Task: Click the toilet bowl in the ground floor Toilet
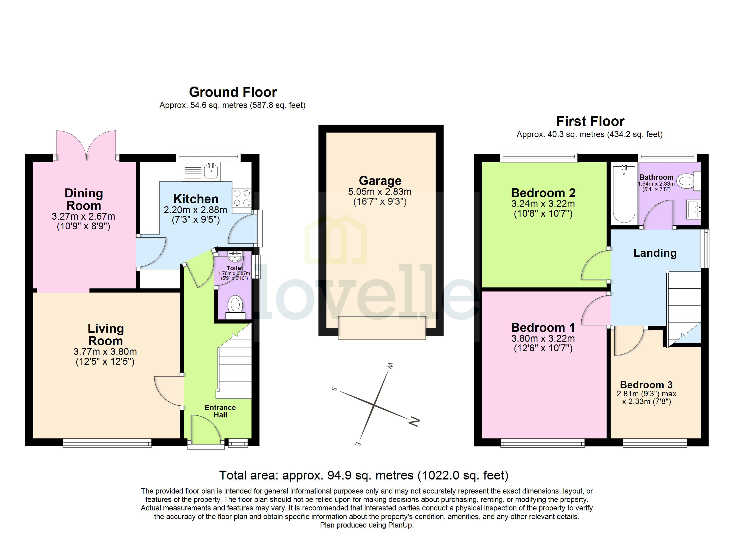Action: pos(235,305)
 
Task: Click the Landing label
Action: pos(655,253)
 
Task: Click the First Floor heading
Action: pos(590,121)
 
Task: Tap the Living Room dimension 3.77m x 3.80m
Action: pos(105,352)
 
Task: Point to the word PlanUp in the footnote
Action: pos(401,525)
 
